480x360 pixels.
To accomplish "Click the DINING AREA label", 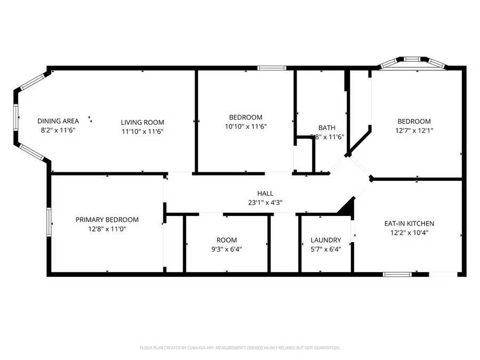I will click(58, 121).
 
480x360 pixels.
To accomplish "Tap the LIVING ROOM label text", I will click(142, 122).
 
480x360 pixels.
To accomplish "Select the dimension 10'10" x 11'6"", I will click(246, 126).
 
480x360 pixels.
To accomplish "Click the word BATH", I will click(327, 127).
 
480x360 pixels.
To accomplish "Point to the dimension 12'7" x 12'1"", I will click(413, 130).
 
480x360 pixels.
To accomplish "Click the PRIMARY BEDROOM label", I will click(107, 220).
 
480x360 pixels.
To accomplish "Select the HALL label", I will click(265, 194).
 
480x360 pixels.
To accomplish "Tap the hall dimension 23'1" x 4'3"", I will click(265, 202).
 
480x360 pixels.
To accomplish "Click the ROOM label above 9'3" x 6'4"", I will click(227, 240).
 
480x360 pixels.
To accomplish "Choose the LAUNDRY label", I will click(325, 240).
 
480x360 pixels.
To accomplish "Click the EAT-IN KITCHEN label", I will click(409, 223).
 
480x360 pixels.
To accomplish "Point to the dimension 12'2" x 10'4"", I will click(409, 232).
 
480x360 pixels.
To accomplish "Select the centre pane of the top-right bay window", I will click(412, 59).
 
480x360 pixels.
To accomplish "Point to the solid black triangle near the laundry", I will click(348, 208).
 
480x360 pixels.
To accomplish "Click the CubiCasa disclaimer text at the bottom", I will click(239, 348).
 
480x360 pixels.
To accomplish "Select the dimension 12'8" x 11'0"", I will click(107, 229).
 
